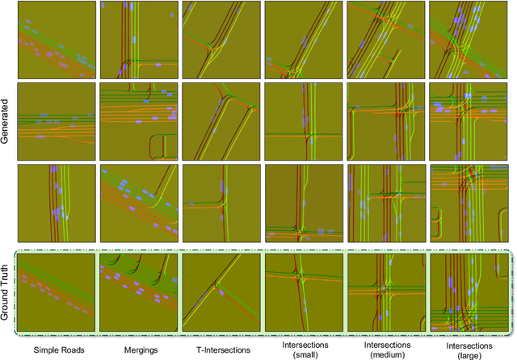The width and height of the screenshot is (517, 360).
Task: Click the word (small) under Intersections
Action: (x=302, y=354)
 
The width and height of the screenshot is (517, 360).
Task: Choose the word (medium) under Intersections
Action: (x=385, y=354)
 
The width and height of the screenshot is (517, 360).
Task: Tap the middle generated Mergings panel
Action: (x=138, y=121)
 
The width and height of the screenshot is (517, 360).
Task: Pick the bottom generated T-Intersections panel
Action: (x=221, y=203)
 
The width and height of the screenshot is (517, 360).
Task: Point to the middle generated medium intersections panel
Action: (x=385, y=121)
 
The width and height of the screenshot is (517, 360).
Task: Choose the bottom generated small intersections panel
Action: (x=303, y=203)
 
